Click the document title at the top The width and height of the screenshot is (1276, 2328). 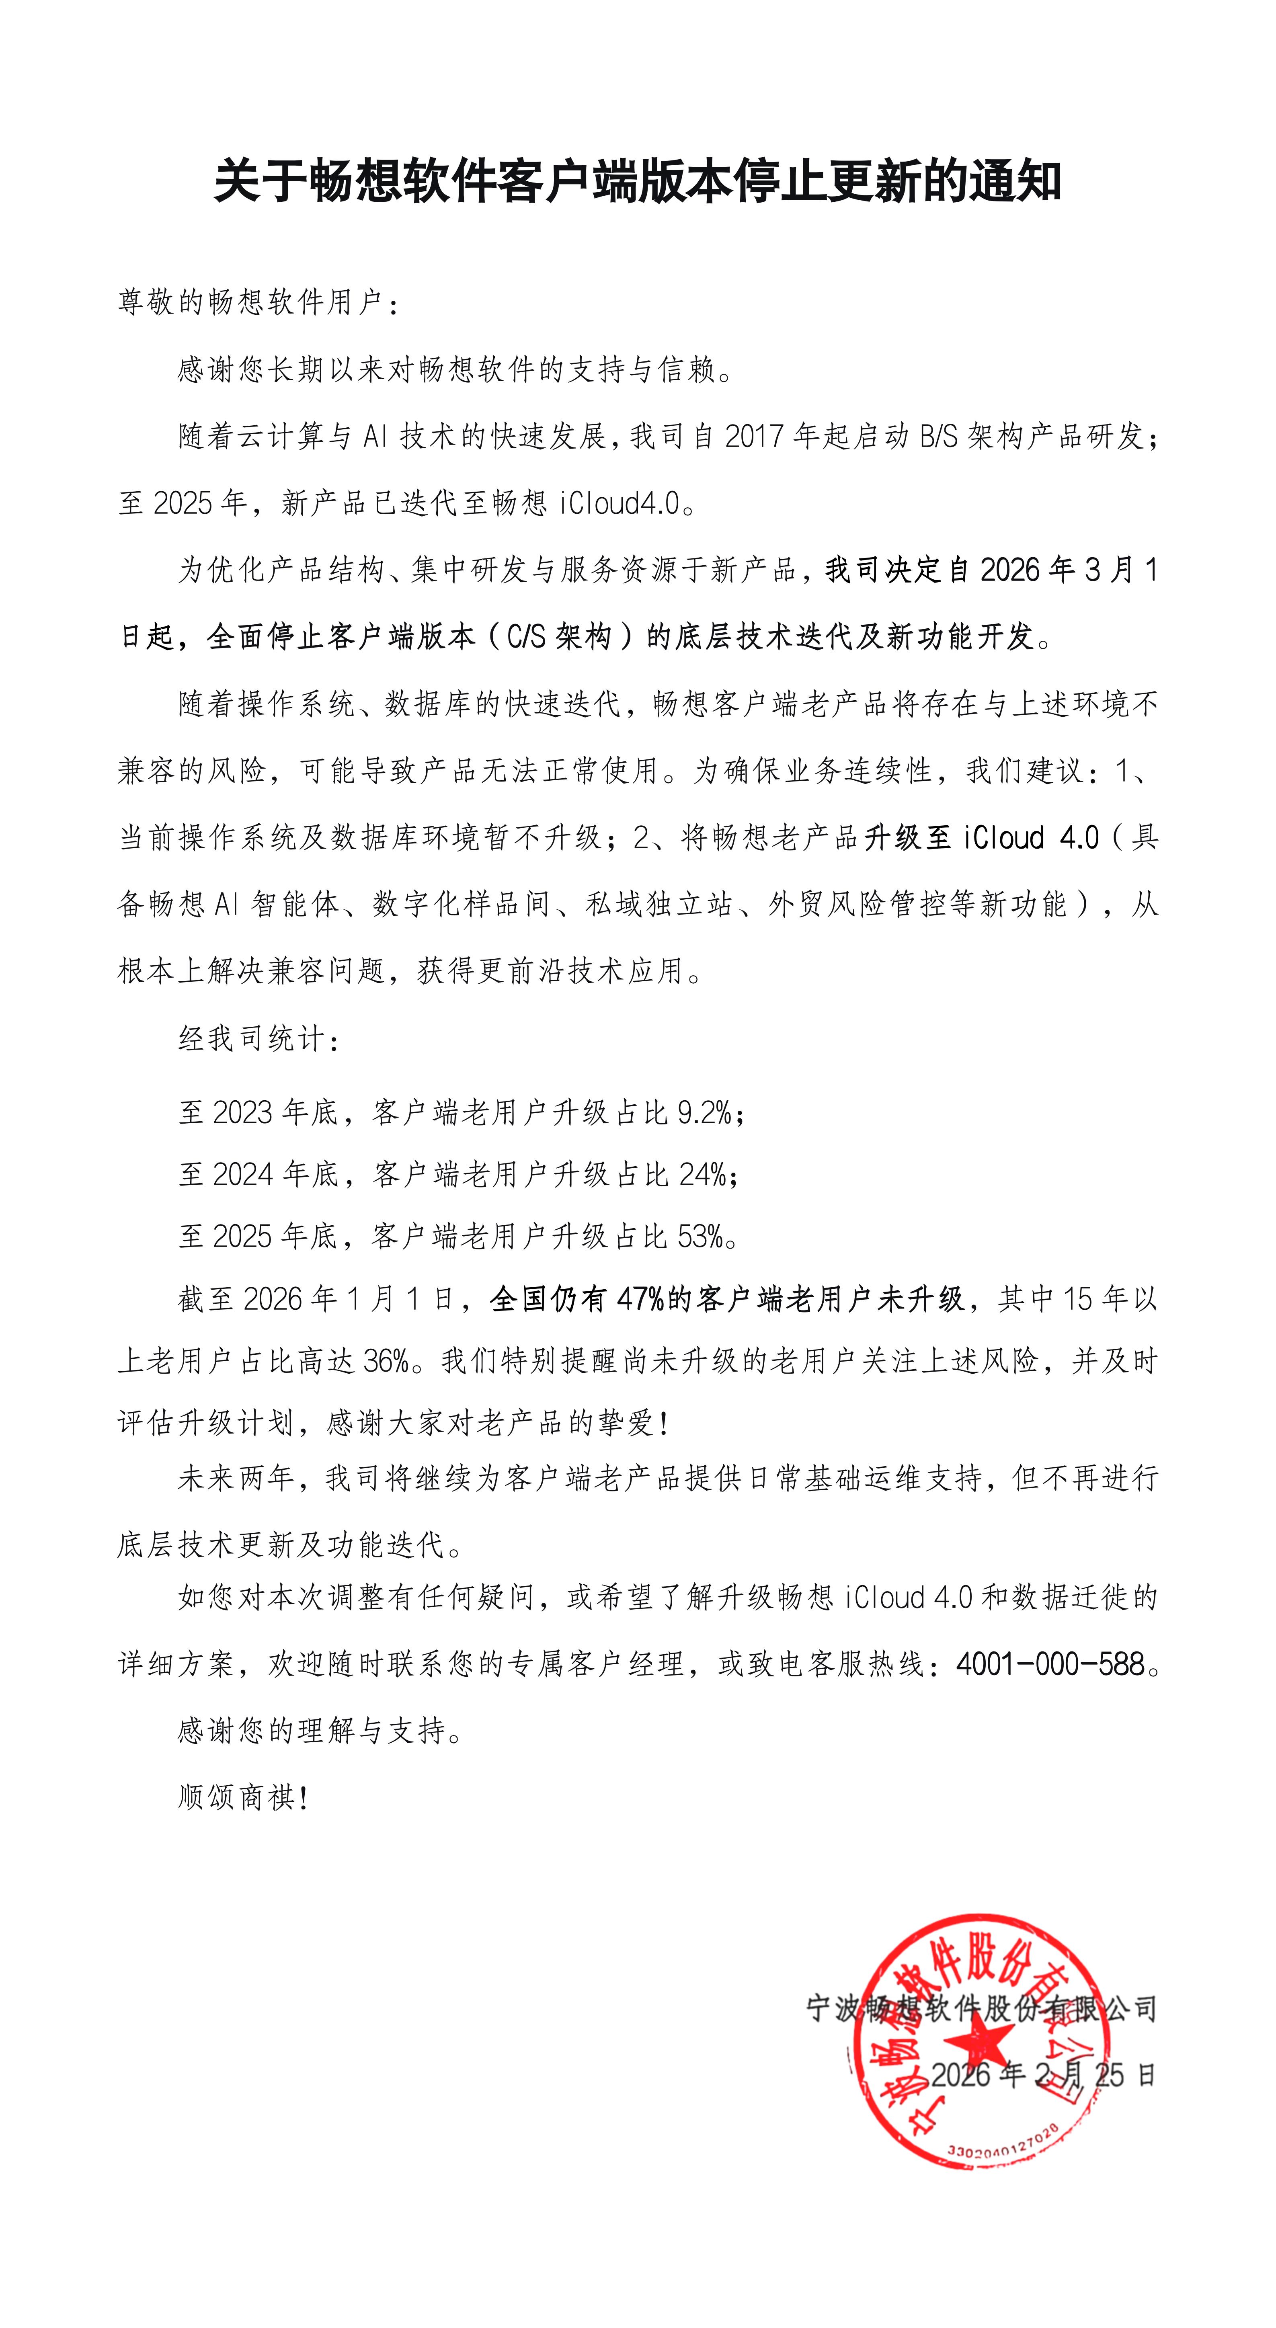pyautogui.click(x=637, y=182)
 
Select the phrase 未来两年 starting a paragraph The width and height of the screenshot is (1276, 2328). pyautogui.click(x=237, y=1479)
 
